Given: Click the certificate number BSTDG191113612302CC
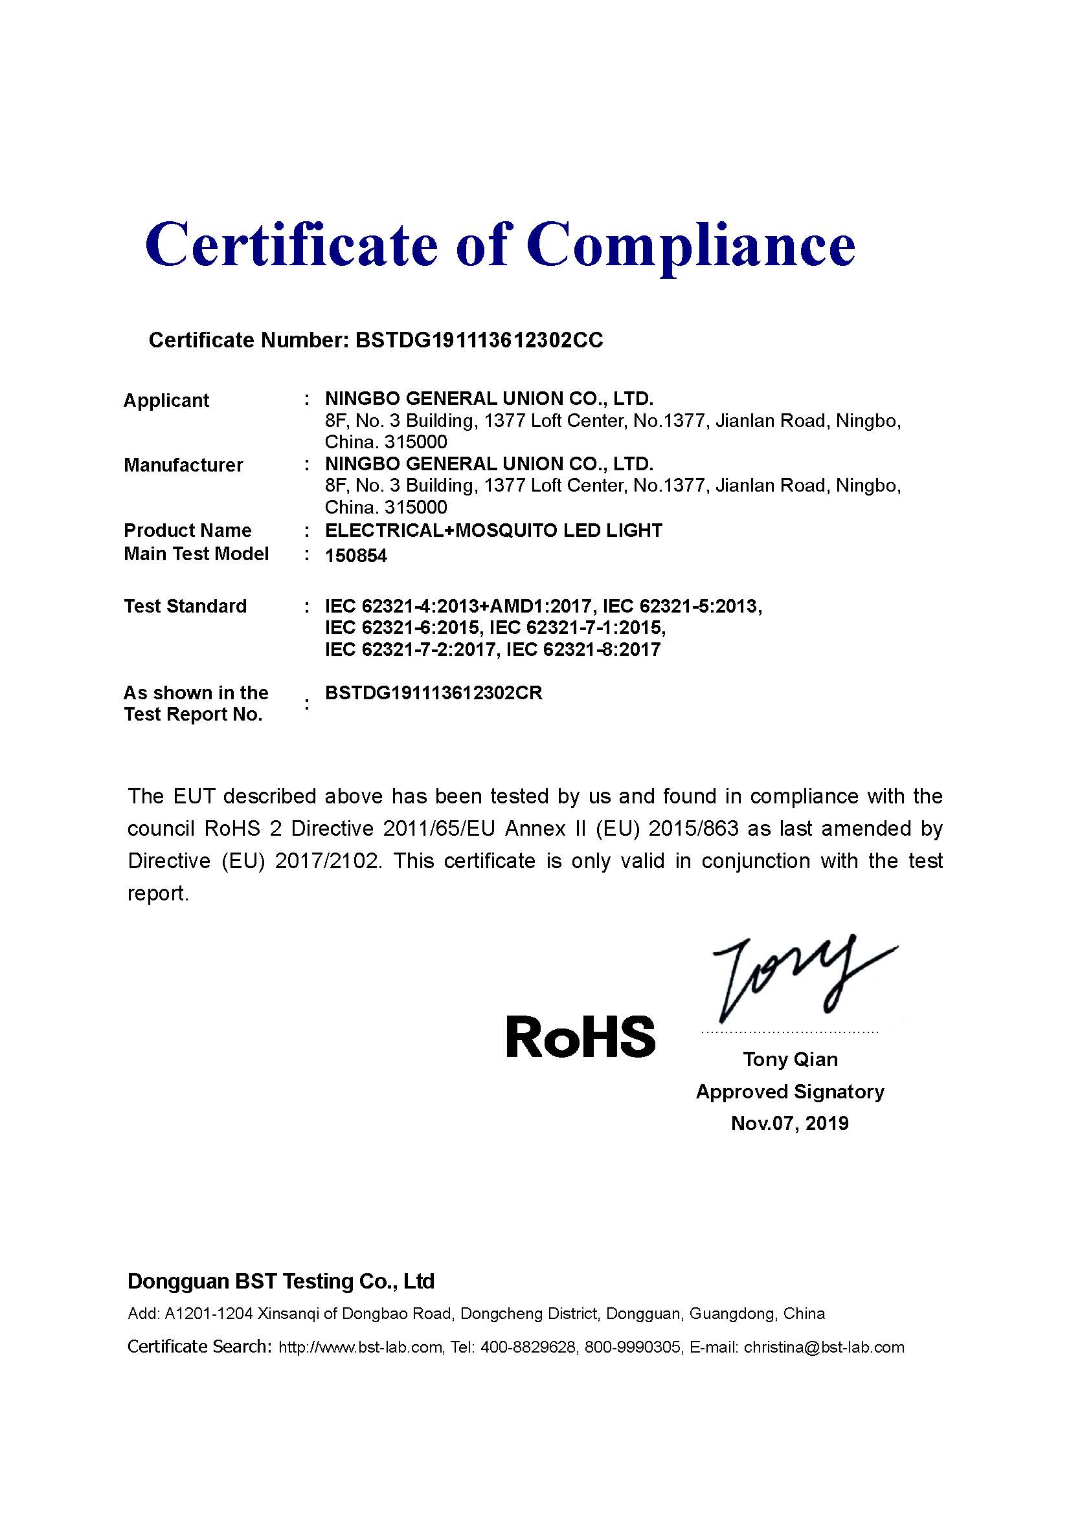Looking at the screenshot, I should pos(479,340).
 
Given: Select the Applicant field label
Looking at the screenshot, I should pos(166,400).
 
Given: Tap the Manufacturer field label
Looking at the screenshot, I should pos(183,464).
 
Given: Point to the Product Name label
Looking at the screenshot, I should pos(188,530).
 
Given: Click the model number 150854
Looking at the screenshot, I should pos(356,556).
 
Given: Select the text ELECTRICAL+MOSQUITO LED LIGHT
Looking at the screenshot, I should pos(493,530).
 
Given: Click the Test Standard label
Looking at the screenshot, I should pos(185,605).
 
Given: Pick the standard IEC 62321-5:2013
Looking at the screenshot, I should pos(682,605).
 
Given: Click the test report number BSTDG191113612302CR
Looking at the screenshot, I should pos(434,693).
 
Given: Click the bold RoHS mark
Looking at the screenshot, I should pos(580,1036).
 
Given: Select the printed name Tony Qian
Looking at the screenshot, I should pos(790,1059).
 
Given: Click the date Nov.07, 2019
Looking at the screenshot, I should pos(789,1123).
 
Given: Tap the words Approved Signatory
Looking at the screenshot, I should pos(789,1091).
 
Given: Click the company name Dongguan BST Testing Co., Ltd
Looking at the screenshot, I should pos(281,1281).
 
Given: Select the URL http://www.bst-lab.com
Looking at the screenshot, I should pos(360,1347).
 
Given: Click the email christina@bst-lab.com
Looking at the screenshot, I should pos(824,1347).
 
